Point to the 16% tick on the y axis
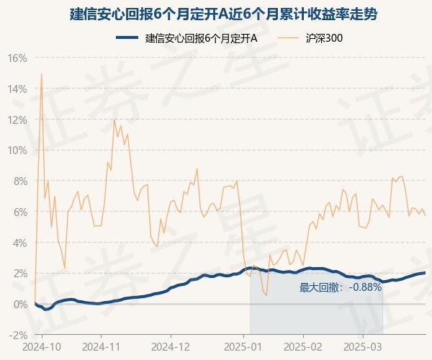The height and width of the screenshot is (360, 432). [x=17, y=58]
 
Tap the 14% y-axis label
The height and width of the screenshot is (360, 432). [x=17, y=89]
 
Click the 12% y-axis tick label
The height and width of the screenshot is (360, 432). [x=17, y=120]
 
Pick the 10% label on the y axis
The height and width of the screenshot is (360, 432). [x=17, y=150]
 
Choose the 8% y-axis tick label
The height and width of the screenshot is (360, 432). [x=20, y=181]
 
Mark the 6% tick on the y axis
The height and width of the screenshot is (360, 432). [x=20, y=212]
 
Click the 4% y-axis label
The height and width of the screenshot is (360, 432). [x=20, y=243]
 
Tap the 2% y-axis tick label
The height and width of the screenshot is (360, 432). [x=20, y=274]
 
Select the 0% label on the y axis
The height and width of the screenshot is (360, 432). [x=20, y=304]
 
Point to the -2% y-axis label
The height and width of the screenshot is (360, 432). [x=17, y=335]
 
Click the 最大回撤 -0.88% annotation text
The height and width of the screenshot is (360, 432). [x=340, y=287]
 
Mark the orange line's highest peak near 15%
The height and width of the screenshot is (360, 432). [x=41, y=73]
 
